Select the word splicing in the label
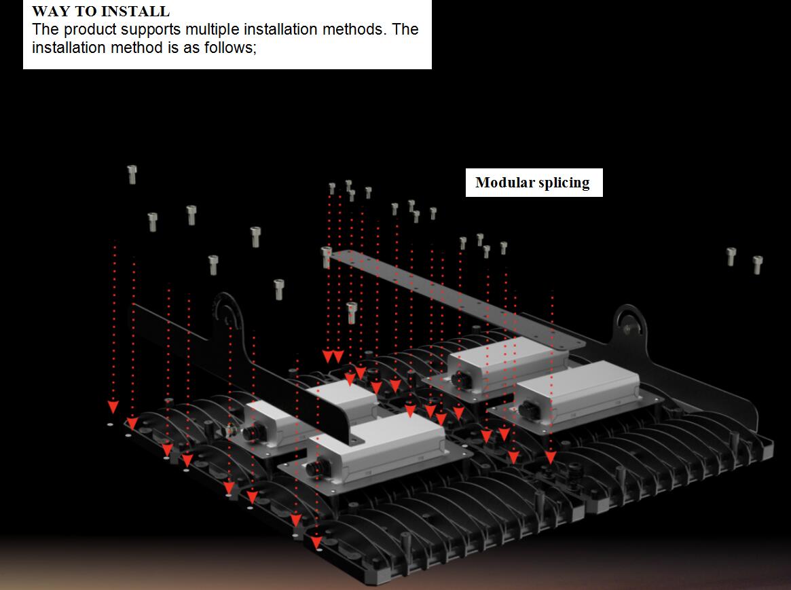(x=564, y=183)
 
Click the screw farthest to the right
(x=758, y=264)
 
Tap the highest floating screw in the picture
(x=132, y=174)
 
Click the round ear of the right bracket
(x=629, y=322)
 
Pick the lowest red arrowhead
(x=316, y=543)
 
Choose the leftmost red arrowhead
(x=113, y=407)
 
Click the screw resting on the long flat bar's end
(x=327, y=256)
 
